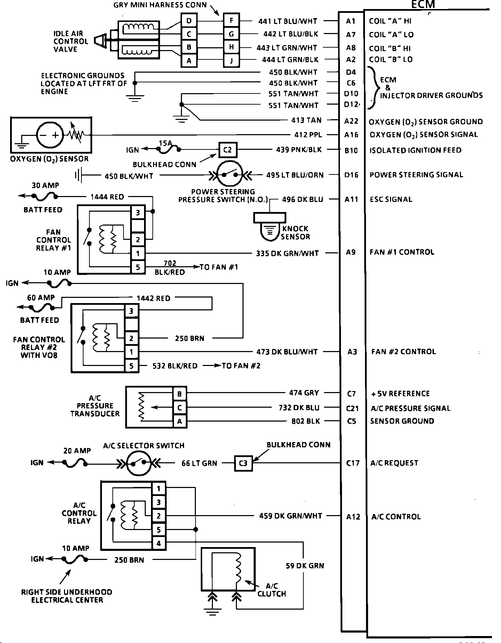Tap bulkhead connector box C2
[x=228, y=150]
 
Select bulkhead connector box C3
[x=243, y=463]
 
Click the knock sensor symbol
[x=270, y=228]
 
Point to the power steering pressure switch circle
[x=229, y=174]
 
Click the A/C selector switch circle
[x=139, y=463]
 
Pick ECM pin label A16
[x=351, y=135]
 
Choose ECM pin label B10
[x=351, y=150]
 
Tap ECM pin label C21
[x=352, y=408]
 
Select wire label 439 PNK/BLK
[x=299, y=150]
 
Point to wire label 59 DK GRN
[x=305, y=566]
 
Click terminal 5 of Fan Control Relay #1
[x=138, y=267]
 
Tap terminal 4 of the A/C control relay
[x=159, y=543]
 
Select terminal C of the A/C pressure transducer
[x=180, y=408]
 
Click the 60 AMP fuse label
[x=41, y=298]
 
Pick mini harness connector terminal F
[x=231, y=21]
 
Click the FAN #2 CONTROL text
[x=404, y=352]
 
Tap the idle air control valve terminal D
[x=189, y=21]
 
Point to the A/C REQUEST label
[x=394, y=463]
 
